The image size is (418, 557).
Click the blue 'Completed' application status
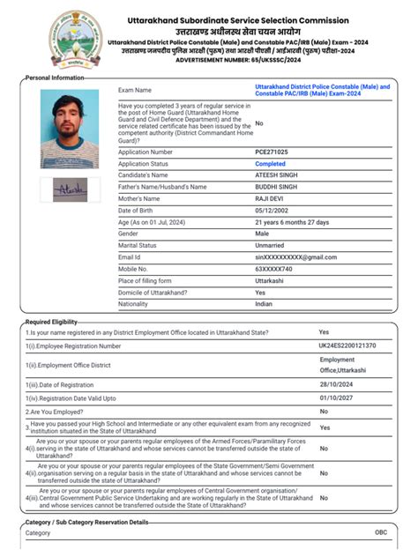pyautogui.click(x=270, y=164)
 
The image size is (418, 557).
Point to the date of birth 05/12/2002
pyautogui.click(x=271, y=211)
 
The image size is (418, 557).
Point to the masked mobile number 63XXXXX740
pyautogui.click(x=275, y=269)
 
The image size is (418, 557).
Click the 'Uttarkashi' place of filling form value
pyautogui.click(x=271, y=280)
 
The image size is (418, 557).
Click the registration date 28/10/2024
pyautogui.click(x=336, y=385)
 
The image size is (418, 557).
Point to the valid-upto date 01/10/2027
pyautogui.click(x=336, y=397)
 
